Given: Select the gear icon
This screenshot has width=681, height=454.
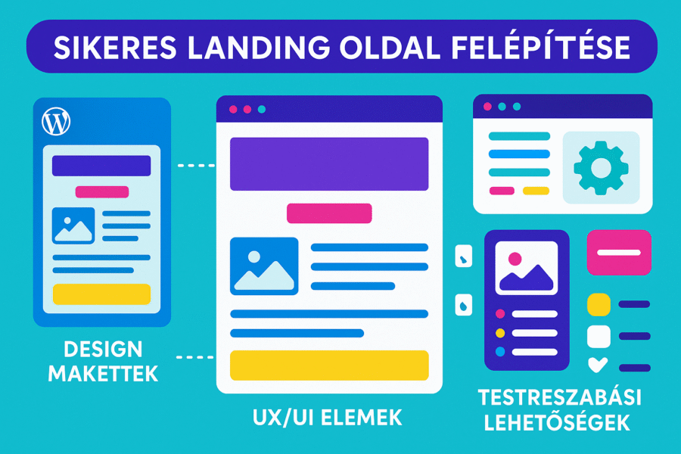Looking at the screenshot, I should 601,167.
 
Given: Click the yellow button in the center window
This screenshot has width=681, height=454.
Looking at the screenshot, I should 329,365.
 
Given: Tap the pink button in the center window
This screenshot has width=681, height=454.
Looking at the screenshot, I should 329,213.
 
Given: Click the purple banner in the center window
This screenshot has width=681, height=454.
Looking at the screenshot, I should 329,164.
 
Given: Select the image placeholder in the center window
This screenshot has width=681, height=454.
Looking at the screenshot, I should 264,266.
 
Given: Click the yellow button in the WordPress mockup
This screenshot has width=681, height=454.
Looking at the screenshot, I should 101,294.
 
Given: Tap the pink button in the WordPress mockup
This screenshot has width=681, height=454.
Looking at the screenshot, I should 101,192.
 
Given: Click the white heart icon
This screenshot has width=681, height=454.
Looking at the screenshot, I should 598,365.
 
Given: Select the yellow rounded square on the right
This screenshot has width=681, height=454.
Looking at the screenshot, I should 599,304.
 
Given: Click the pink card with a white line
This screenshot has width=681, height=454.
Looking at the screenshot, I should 618,252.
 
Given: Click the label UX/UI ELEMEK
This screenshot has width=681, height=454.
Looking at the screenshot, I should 328,417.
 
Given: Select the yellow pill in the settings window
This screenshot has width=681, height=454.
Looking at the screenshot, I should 536,190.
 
